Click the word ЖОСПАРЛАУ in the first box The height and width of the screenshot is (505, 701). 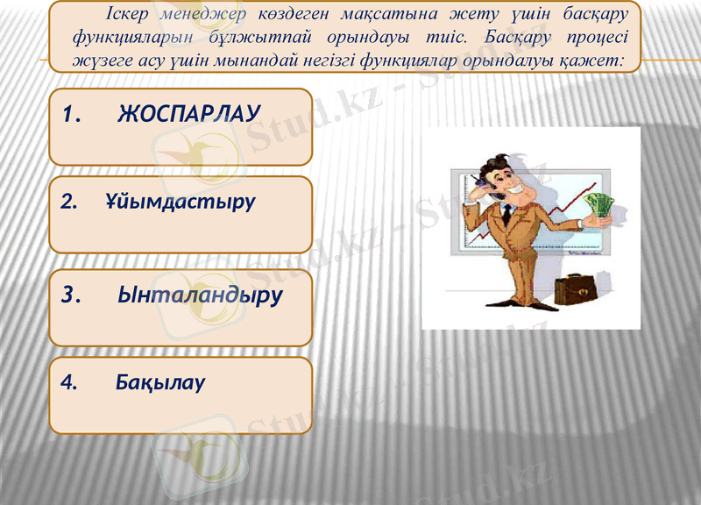(189, 114)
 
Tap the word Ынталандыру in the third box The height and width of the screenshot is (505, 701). (200, 295)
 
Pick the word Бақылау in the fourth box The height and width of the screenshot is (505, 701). (160, 382)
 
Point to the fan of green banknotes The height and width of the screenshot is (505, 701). (601, 205)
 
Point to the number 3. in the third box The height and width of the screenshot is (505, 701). (71, 295)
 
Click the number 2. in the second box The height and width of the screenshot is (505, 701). (69, 202)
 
